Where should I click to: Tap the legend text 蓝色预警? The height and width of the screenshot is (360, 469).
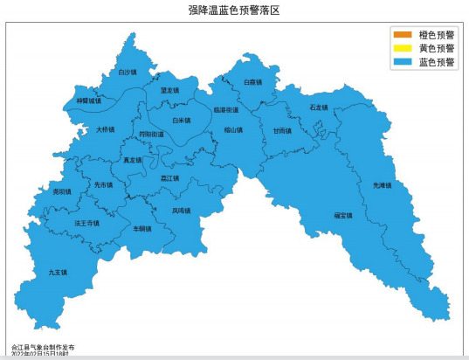(x=437, y=63)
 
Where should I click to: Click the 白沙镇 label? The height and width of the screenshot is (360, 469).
(x=128, y=73)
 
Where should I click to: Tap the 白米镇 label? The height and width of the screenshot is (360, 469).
(x=181, y=121)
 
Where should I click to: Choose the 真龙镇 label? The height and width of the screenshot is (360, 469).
(x=132, y=161)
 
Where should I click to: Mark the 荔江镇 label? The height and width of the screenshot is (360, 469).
(x=169, y=178)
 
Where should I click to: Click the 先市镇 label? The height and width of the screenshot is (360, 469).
(x=104, y=185)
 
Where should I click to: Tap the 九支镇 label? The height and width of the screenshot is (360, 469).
(x=58, y=273)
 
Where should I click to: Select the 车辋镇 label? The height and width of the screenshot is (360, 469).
(x=141, y=228)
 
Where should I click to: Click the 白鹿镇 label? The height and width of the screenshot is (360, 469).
(x=252, y=83)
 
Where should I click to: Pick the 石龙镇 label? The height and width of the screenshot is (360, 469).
(x=318, y=107)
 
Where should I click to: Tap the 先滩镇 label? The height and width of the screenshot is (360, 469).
(x=383, y=185)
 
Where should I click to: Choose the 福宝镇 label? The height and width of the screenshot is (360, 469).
(x=342, y=215)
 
